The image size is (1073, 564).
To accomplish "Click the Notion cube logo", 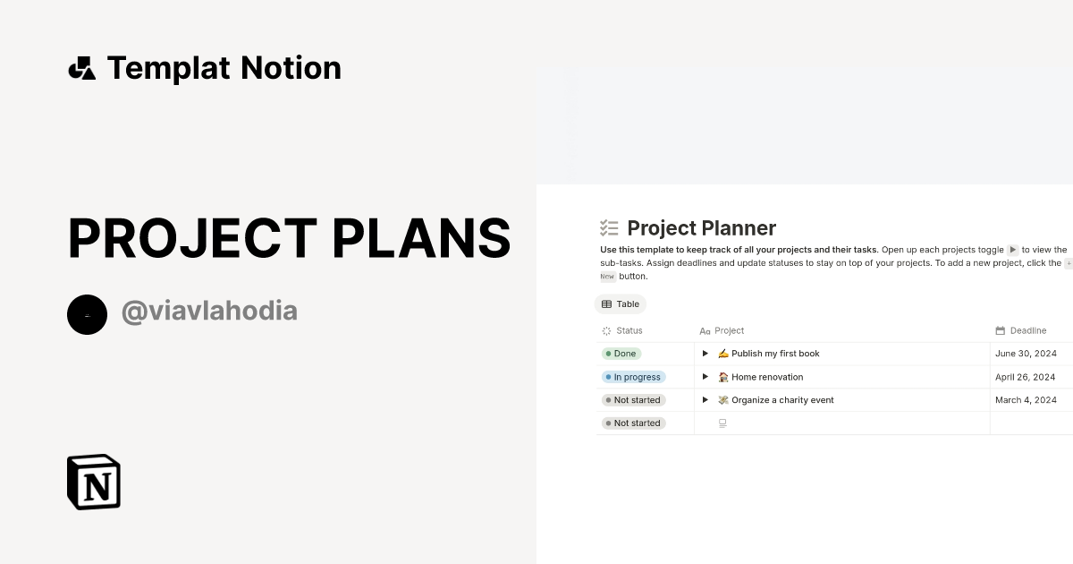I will pos(94,482).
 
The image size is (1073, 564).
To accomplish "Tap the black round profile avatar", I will pos(87,314).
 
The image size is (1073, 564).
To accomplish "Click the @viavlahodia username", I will pos(209,311).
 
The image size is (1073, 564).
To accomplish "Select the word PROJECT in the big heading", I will pos(192,239).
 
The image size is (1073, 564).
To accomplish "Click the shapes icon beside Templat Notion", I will pos(82,68).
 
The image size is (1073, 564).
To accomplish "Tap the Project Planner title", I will pos(701,228).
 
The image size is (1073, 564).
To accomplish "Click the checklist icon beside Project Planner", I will pos(609,228).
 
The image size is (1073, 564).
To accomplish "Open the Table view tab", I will pos(621,304).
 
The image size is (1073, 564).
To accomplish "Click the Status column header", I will pos(629,330).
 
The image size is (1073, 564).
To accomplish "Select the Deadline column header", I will pos(1027,330).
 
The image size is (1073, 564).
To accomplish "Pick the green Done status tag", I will pos(621,354).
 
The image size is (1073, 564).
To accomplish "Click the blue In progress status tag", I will pos(633,377).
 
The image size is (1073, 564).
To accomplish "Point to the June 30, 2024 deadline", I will pos(1026,354).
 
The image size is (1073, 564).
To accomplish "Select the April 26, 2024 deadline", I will pos(1026,377).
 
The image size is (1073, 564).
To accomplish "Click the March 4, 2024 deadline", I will pos(1026,400).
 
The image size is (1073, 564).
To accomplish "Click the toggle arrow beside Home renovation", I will pos(705,377).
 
